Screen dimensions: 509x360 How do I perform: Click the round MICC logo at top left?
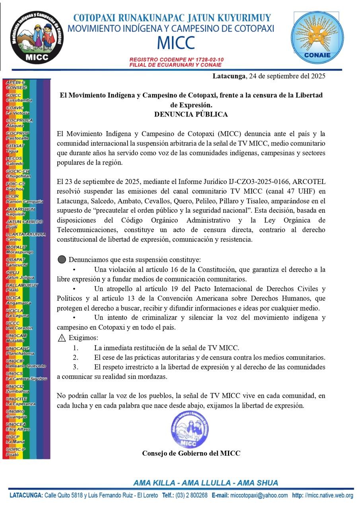[x=37, y=37]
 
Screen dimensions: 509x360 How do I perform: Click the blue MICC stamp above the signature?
[x=189, y=430]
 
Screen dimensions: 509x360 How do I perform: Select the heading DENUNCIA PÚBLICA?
[x=191, y=115]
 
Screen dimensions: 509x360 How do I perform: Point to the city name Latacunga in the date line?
[x=229, y=76]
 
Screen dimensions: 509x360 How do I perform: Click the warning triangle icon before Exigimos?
[x=62, y=338]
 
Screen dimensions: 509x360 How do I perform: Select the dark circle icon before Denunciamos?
[x=62, y=260]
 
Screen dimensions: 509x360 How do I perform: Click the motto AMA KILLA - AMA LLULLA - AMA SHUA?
[x=205, y=483]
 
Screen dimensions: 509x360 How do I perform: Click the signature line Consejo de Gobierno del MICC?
[x=191, y=453]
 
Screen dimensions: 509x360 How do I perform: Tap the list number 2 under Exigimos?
[x=76, y=357]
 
